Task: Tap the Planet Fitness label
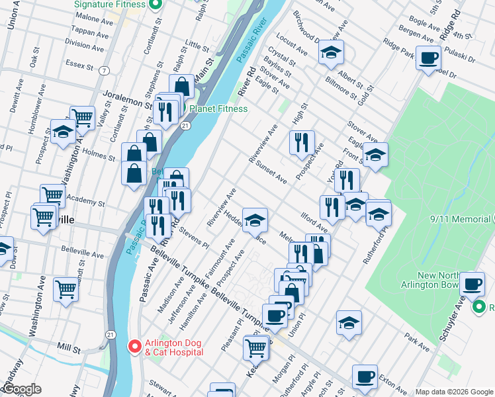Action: pos(218,109)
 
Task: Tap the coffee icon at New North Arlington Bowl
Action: pos(472,284)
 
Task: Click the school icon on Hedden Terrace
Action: pos(254,219)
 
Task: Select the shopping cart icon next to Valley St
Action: pos(82,118)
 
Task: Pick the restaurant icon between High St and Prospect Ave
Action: pos(302,142)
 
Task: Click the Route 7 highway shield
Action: pos(105,70)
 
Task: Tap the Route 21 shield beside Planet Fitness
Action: pos(186,125)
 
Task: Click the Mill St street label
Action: pos(68,346)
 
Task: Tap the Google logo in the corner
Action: pos(21,390)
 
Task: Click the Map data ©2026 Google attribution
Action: pos(453,392)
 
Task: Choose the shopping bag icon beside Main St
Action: pos(181,85)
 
